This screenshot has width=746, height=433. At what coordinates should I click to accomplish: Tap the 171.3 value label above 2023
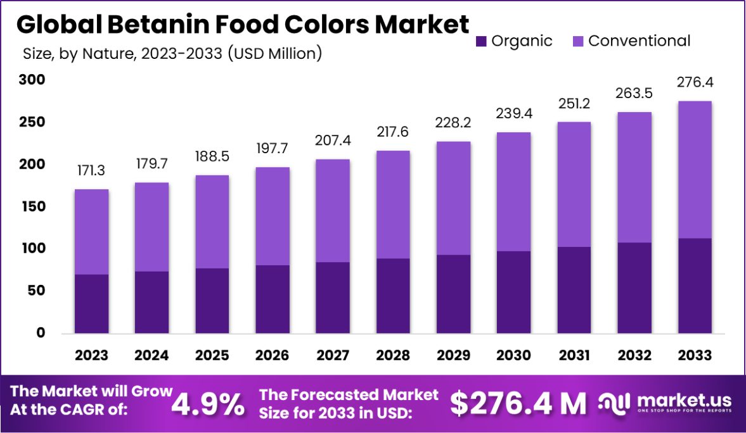tap(91, 170)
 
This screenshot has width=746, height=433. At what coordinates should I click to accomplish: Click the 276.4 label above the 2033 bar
tap(695, 82)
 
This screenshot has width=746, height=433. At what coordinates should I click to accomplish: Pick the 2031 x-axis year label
tap(574, 355)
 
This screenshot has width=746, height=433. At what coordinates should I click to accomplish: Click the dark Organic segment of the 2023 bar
tap(91, 304)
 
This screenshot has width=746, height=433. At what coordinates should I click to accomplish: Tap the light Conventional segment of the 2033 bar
tap(695, 170)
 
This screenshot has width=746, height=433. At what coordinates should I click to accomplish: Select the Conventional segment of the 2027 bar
tap(333, 211)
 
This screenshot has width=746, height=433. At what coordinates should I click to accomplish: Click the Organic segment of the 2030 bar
tap(514, 292)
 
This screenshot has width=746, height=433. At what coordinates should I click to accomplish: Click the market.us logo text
tap(684, 400)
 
